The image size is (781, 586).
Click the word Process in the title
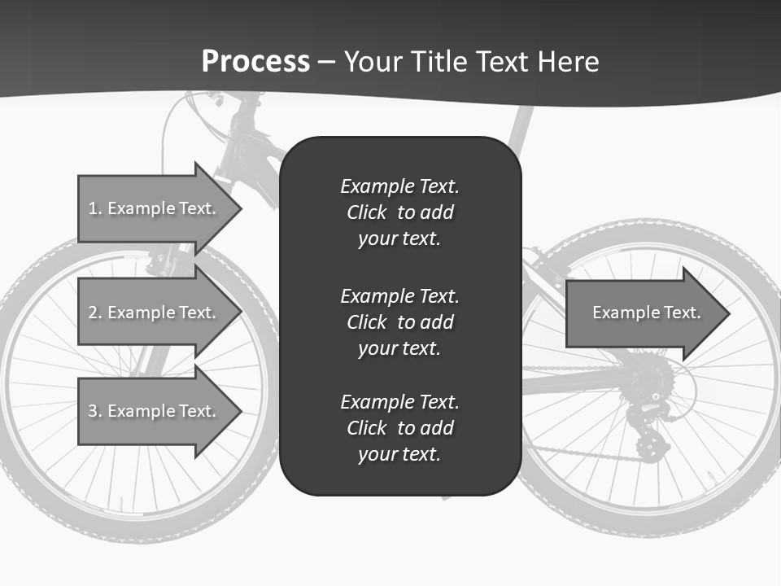pyautogui.click(x=255, y=61)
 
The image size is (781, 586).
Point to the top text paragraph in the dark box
pyautogui.click(x=399, y=212)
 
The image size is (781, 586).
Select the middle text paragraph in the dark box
pyautogui.click(x=399, y=322)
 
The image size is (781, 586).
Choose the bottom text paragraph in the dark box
pyautogui.click(x=399, y=428)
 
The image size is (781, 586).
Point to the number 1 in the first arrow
pyautogui.click(x=93, y=208)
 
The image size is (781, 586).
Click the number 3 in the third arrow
pyautogui.click(x=93, y=411)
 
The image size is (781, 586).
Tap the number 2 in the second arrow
pyautogui.click(x=93, y=313)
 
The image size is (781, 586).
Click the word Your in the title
pyautogui.click(x=374, y=62)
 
